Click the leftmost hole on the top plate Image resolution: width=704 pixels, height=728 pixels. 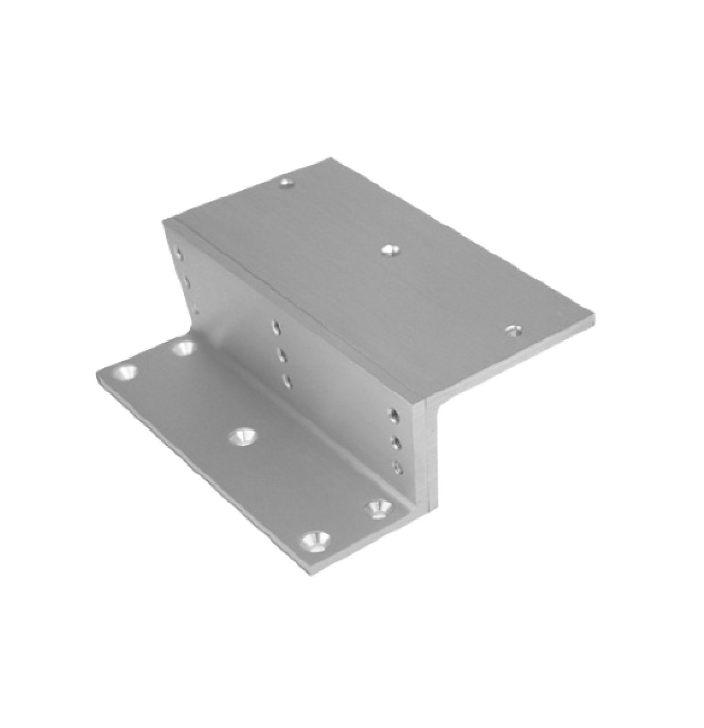tap(285, 183)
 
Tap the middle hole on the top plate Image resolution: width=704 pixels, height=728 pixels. tap(389, 250)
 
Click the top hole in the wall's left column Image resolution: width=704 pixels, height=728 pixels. tap(180, 255)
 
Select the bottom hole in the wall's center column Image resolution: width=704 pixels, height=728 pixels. tap(286, 380)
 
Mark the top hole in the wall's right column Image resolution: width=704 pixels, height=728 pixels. tap(394, 415)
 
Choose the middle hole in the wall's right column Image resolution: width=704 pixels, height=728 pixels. tap(397, 443)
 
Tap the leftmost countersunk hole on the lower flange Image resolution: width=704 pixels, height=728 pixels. tap(125, 372)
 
